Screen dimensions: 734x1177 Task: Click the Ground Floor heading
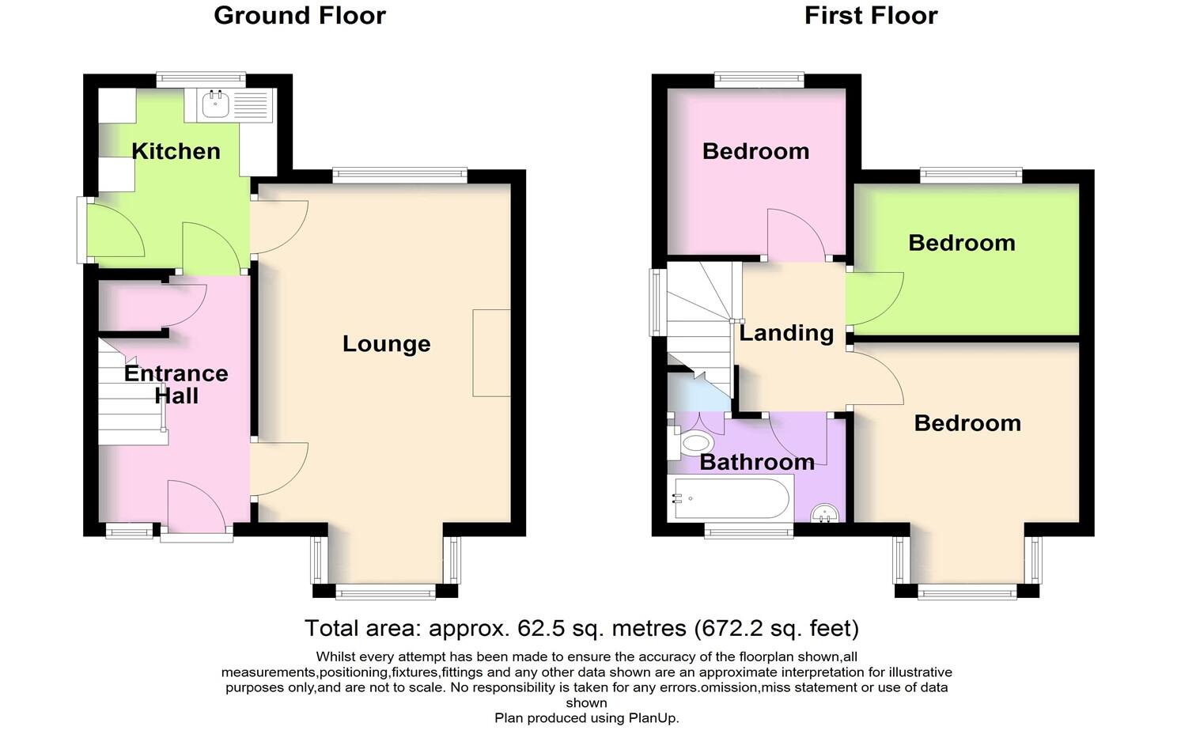coord(300,16)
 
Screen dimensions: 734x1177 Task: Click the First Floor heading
coord(870,16)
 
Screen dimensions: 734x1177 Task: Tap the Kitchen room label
coord(176,151)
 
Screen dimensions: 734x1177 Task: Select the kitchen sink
coord(214,104)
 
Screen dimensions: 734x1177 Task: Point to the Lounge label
coord(386,343)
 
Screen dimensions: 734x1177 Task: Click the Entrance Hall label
coord(176,384)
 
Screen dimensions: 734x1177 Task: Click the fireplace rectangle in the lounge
coord(491,353)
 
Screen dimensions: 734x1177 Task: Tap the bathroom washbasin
coord(827,514)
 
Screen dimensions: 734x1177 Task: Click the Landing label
coord(786,333)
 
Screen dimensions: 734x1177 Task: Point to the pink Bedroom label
coord(755,151)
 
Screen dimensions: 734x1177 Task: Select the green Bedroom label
coord(961,243)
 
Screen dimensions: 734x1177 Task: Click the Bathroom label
coord(757,462)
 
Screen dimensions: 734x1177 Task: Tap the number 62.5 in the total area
coord(539,629)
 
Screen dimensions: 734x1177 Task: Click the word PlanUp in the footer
coord(652,718)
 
